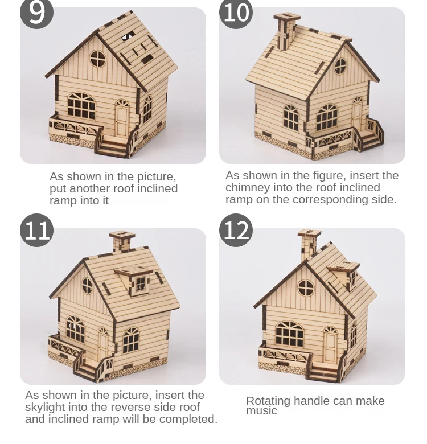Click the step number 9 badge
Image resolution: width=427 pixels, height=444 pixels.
tap(36, 13)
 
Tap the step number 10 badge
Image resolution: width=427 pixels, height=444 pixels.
tap(236, 13)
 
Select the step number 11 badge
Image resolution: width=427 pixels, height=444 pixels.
tap(36, 230)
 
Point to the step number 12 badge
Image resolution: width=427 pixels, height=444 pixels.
tap(236, 230)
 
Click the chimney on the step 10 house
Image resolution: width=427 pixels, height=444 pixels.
tap(286, 31)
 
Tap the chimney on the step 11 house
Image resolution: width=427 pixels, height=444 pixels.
tap(122, 241)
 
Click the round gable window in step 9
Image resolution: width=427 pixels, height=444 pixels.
tap(98, 59)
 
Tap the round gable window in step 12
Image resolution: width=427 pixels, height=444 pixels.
tap(306, 288)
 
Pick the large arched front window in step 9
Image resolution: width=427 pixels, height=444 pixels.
tap(81, 106)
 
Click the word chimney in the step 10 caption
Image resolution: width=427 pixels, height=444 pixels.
tap(248, 187)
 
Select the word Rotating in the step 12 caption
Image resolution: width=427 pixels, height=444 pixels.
tap(268, 401)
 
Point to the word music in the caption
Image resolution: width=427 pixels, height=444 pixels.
tap(261, 411)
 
